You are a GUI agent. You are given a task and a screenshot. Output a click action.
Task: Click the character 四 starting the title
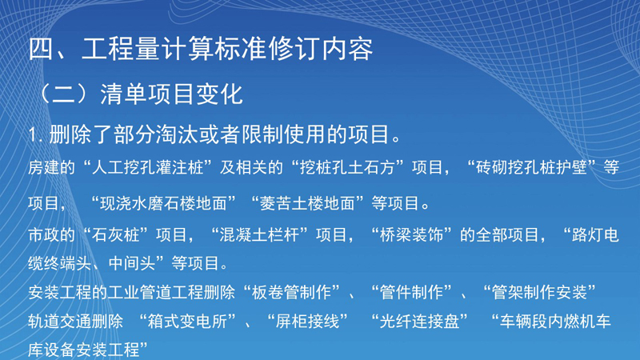42,49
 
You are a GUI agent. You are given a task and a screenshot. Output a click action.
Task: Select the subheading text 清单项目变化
172,94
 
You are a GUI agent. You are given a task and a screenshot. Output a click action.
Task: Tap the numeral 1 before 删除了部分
34,134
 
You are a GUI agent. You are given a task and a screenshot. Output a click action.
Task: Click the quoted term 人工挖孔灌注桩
147,168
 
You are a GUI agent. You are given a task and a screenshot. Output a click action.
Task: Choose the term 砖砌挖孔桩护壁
531,168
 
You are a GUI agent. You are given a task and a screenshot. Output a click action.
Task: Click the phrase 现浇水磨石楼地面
163,203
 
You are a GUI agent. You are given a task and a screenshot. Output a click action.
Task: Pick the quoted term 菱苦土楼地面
307,203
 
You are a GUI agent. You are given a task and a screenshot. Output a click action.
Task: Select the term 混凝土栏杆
259,235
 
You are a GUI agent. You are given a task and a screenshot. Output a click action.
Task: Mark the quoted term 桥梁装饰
411,235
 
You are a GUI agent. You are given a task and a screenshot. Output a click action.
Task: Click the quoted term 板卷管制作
291,292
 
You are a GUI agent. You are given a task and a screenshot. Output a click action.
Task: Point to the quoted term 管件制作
411,292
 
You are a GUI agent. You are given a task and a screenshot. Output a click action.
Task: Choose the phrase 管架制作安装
539,292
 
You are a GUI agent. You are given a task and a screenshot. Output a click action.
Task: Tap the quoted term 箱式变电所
187,322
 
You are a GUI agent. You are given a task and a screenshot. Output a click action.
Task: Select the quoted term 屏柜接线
307,322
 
